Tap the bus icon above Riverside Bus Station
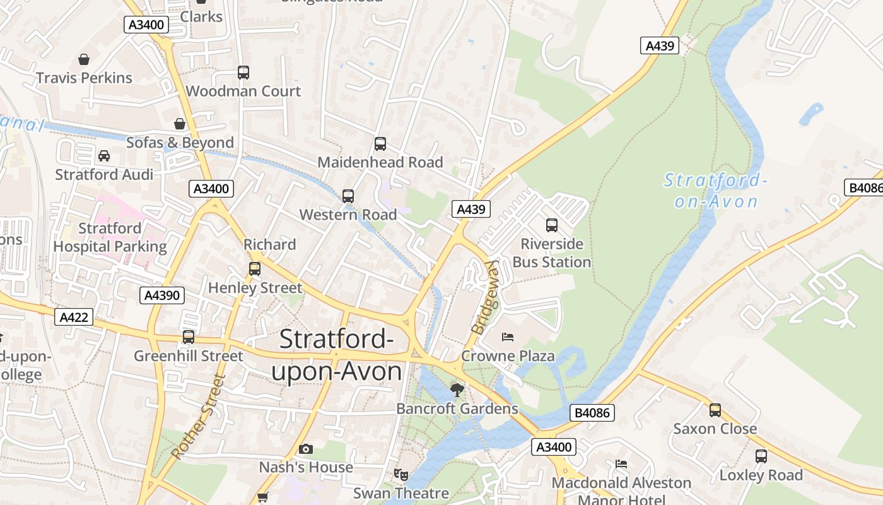tap(552, 225)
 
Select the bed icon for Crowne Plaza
tap(508, 336)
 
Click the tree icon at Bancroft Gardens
tap(457, 389)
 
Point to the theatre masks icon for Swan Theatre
tap(400, 473)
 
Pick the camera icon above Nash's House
tap(306, 449)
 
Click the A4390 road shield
tap(162, 295)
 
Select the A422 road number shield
tap(74, 317)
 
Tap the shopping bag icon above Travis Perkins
tap(84, 59)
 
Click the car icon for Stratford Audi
tap(104, 155)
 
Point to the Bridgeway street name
tap(484, 297)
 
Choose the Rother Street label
tap(198, 417)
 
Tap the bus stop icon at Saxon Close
tap(715, 410)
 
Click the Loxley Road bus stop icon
tap(761, 456)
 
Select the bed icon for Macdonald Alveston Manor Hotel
tap(621, 464)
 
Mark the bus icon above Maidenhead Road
tap(380, 144)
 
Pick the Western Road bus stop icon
tap(348, 196)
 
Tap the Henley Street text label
tap(255, 288)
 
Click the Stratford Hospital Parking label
tap(110, 237)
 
